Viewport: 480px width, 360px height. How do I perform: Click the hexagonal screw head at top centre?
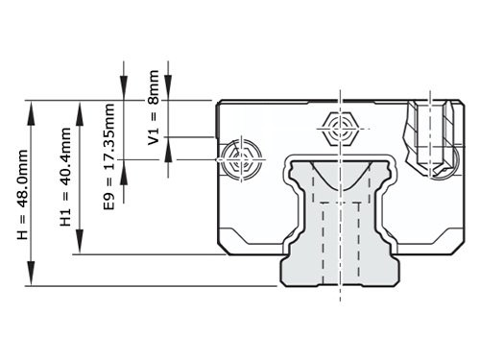pos(341,127)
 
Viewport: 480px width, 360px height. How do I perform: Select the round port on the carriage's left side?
pos(239,161)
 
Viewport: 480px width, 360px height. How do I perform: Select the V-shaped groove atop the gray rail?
pos(341,179)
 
